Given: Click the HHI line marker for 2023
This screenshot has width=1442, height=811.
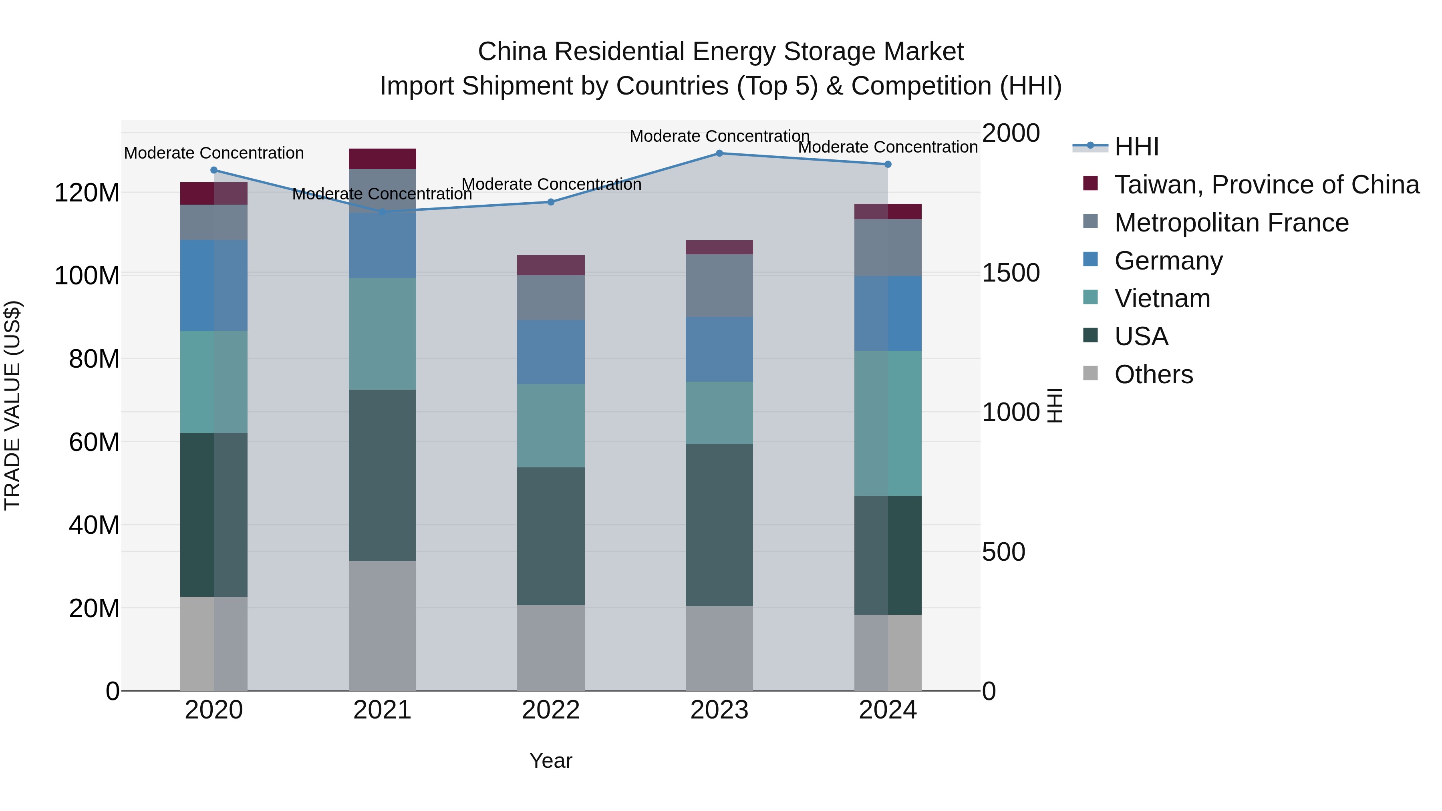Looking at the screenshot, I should pos(719,153).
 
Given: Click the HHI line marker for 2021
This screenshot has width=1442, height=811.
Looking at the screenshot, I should pos(383,211).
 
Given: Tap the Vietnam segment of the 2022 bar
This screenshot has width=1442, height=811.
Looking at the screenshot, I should pos(551,425).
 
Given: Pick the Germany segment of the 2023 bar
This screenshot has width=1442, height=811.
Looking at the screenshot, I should pos(719,349).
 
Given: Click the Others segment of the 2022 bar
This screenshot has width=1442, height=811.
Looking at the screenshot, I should pos(551,648).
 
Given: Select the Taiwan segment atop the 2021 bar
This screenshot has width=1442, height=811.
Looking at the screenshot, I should pos(383,159).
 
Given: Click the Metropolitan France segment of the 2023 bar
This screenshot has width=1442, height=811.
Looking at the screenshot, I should pos(719,286).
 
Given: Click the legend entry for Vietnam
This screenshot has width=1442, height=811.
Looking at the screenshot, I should pos(1162,298).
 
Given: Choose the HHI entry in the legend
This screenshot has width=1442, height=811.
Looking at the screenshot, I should pos(1136,147).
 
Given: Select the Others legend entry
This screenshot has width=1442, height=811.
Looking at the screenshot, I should pos(1153,374).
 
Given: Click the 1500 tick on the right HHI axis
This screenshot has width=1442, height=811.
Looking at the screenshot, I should pos(1011,273).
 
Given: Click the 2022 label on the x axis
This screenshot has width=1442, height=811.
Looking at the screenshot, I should pos(551,710).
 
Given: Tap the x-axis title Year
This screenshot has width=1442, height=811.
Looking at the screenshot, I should pos(551,761).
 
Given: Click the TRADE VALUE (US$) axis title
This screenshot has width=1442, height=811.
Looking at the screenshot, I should pos(12,405).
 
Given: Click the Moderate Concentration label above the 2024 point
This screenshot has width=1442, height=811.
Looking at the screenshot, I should pos(887,147).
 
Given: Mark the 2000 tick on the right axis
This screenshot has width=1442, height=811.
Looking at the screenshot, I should pos(1011,133).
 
